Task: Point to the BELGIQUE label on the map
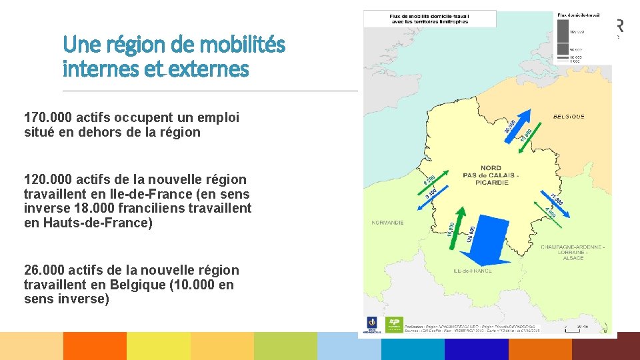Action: (569, 116)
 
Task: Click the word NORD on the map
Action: (491, 168)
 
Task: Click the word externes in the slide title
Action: (211, 68)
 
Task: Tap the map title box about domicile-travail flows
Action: (430, 18)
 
